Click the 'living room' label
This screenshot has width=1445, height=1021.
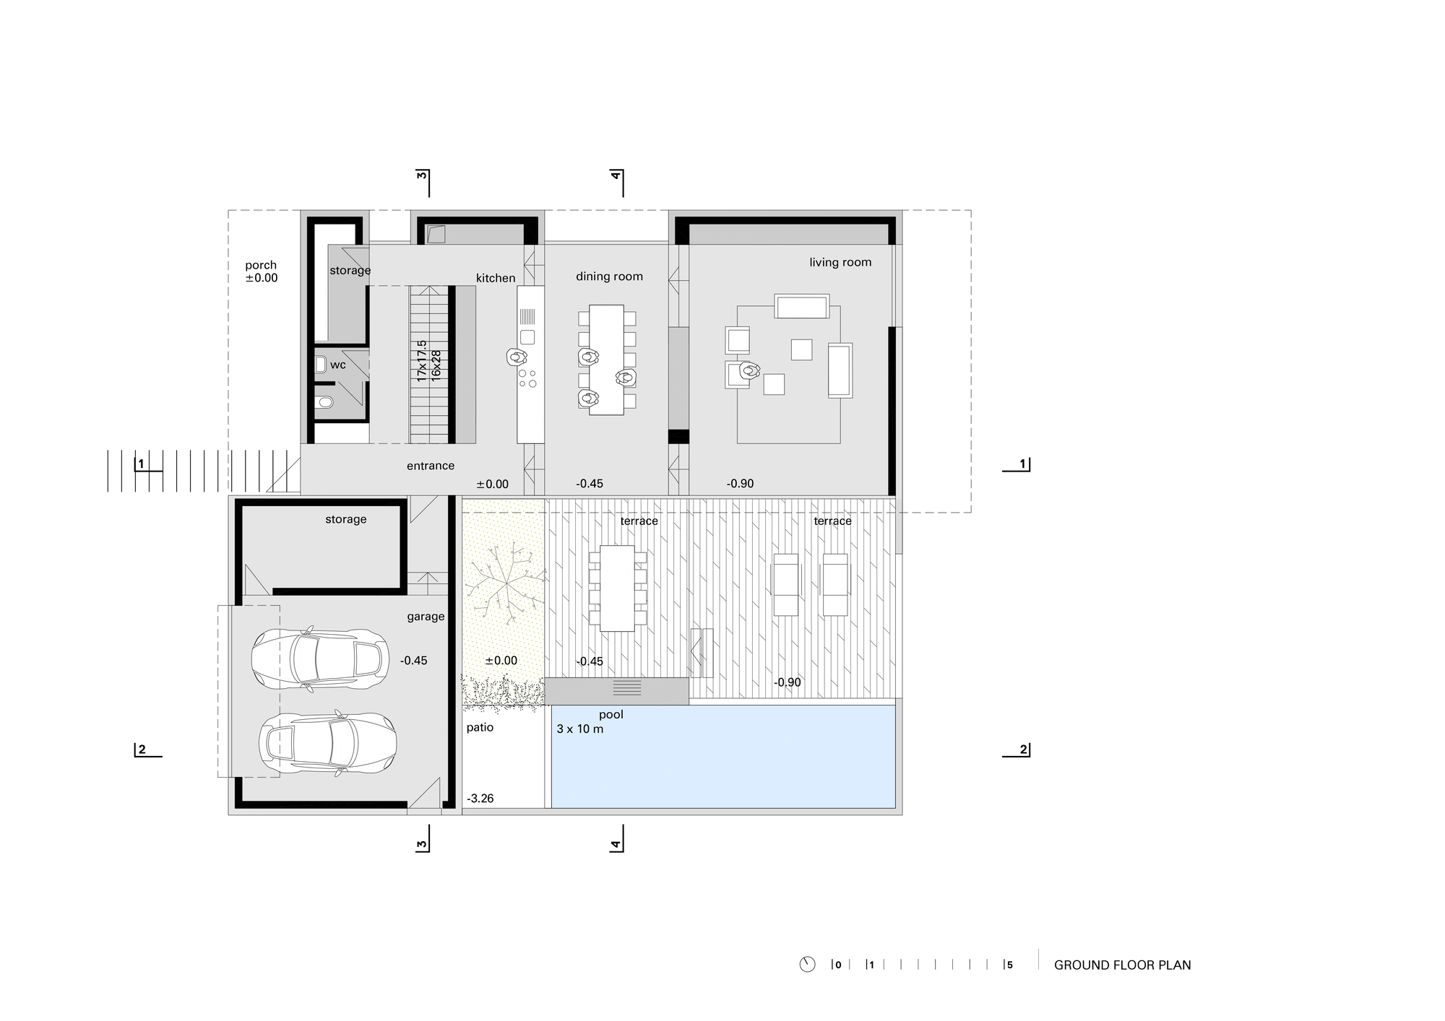point(840,263)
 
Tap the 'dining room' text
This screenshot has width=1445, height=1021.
point(609,277)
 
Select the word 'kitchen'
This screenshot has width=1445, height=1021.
point(496,278)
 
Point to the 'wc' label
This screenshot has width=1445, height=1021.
point(338,365)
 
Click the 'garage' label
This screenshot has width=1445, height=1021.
point(426,617)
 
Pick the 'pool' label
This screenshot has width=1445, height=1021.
point(611,715)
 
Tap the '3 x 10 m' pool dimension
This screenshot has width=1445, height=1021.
point(580,729)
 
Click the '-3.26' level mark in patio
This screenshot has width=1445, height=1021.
point(480,799)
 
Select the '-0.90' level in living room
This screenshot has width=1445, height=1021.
point(741,484)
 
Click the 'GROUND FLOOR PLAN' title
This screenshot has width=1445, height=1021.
point(1123,965)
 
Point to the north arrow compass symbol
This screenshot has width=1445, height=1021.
point(808,965)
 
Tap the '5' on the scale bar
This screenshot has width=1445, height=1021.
point(1010,965)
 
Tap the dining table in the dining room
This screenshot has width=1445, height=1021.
point(606,360)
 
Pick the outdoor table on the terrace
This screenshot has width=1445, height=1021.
point(617,588)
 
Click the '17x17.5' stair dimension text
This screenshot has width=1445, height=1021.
point(422,361)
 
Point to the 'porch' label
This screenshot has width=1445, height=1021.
point(261,265)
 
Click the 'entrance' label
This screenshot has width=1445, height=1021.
point(431,466)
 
